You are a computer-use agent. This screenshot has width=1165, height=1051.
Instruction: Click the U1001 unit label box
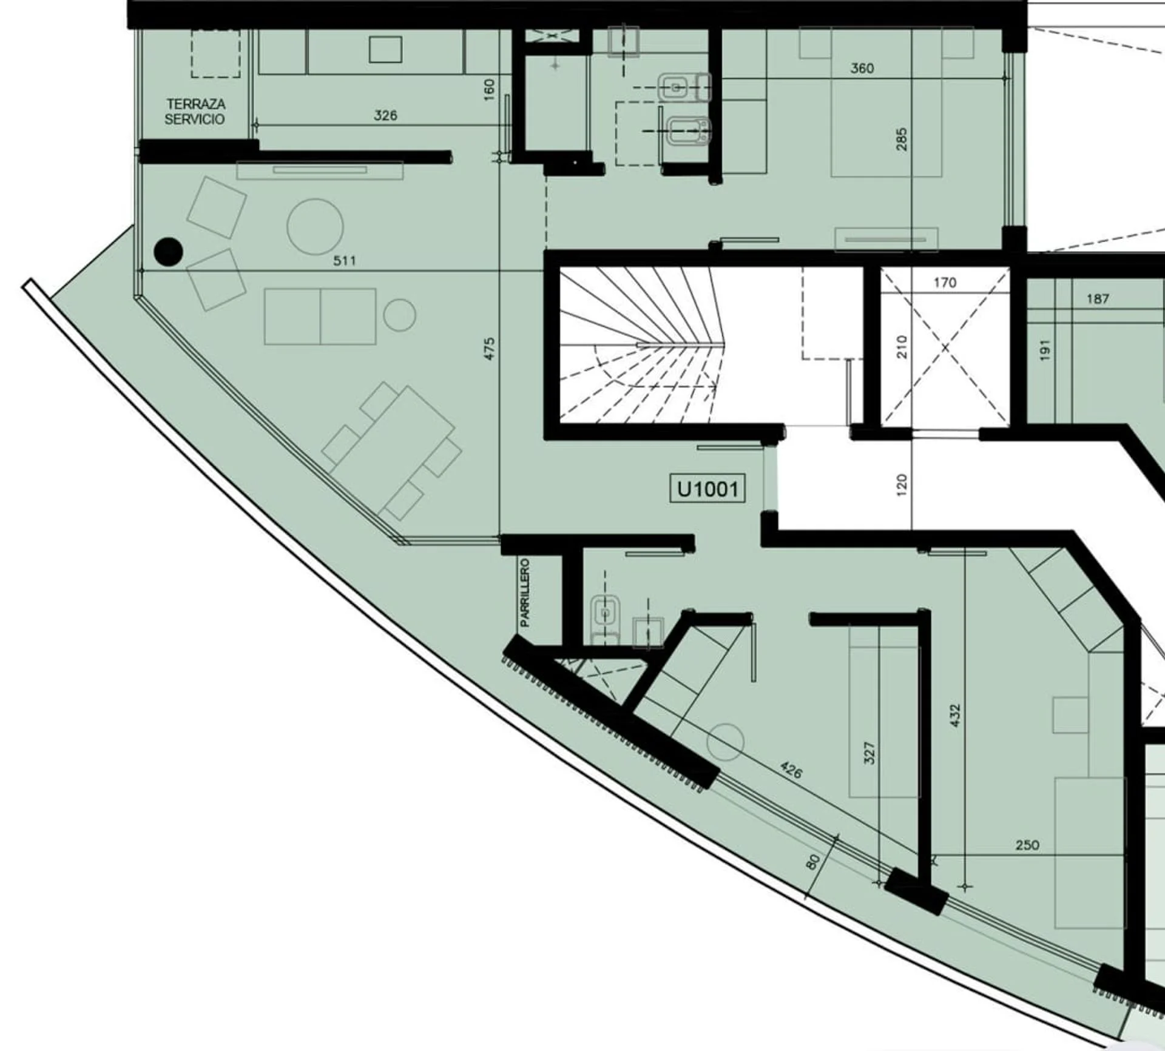click(707, 489)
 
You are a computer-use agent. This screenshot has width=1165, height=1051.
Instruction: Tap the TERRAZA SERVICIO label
click(195, 112)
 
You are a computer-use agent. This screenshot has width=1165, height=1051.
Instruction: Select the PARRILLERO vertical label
click(525, 593)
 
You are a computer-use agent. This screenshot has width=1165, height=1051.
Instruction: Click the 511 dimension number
click(344, 261)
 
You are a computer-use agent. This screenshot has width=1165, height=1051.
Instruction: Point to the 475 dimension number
click(490, 349)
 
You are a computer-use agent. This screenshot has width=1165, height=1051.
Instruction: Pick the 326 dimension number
click(385, 115)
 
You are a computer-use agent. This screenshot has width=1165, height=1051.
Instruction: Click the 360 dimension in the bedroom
click(862, 69)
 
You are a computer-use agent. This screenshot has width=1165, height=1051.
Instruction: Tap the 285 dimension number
click(902, 139)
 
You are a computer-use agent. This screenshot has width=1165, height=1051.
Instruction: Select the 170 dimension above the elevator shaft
click(945, 283)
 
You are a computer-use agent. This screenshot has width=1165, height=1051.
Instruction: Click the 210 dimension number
click(902, 347)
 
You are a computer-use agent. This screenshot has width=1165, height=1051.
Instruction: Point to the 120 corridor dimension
click(901, 485)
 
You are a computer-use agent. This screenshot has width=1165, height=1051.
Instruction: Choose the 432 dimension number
click(955, 716)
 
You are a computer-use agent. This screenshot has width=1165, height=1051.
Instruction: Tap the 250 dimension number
click(1027, 845)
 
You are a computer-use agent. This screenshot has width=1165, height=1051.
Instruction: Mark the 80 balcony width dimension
click(814, 862)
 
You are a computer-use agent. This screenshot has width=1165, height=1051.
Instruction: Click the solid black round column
click(168, 252)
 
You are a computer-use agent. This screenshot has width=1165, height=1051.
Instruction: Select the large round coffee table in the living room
click(315, 227)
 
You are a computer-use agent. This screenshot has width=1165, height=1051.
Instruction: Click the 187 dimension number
click(1098, 299)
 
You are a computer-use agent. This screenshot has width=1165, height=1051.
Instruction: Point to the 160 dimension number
click(490, 89)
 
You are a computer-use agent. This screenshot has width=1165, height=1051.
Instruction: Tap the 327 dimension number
click(869, 753)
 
